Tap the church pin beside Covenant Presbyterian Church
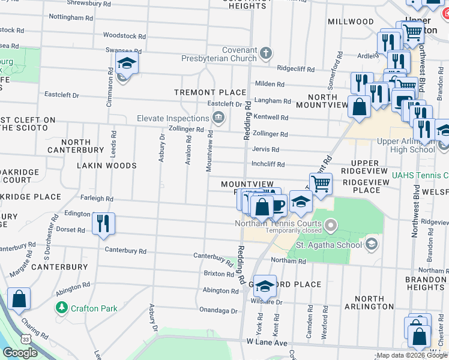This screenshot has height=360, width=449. tap(265, 54)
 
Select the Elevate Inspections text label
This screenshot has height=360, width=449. tap(175, 118)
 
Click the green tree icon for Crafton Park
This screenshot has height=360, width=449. tap(61, 308)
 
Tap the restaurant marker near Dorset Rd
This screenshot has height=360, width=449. tap(104, 223)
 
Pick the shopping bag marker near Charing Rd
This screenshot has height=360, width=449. tap(19, 299)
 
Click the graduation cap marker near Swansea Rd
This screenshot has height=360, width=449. tap(127, 63)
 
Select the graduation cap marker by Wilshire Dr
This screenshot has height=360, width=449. tap(264, 286)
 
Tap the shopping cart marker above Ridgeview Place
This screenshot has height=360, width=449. tap(321, 183)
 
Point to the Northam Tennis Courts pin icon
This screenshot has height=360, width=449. tap(330, 226)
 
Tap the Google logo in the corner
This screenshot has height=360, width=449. tap(20, 353)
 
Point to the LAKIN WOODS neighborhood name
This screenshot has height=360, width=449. tap(114, 165)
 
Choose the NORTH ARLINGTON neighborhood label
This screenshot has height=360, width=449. tap(369, 302)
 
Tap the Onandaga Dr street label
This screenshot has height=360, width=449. tap(218, 311)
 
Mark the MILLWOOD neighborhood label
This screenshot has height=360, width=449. tap(351, 22)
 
